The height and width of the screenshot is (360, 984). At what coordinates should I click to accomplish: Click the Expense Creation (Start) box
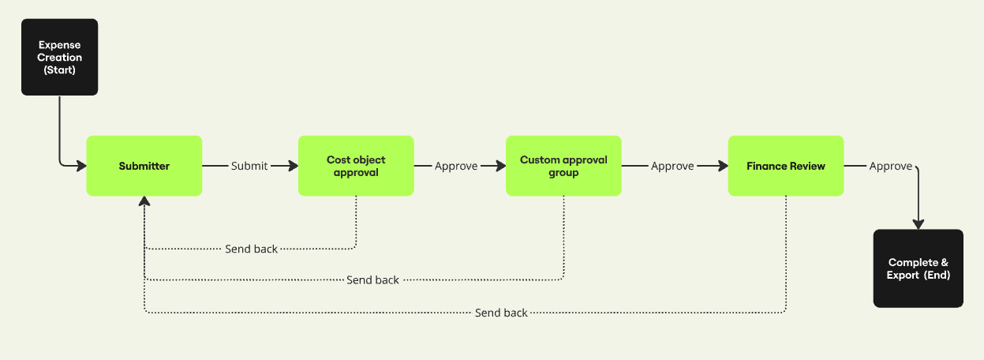[x=60, y=57]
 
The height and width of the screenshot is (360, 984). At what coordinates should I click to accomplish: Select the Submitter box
[x=144, y=166]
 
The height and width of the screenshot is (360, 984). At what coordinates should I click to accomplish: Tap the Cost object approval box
[x=356, y=166]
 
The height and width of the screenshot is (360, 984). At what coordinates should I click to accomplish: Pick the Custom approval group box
[x=563, y=166]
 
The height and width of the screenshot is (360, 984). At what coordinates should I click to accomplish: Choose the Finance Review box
[x=786, y=166]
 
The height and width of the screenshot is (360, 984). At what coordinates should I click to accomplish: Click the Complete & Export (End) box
[x=918, y=268]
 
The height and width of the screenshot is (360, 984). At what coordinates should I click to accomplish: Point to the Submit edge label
[x=249, y=166]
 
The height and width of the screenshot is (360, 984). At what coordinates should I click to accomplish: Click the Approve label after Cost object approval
[x=456, y=166]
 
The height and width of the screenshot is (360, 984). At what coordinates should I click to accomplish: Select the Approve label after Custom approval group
[x=672, y=166]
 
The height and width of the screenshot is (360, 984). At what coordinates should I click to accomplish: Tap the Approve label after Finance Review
[x=890, y=166]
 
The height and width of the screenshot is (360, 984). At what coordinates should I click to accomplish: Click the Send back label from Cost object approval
[x=251, y=249]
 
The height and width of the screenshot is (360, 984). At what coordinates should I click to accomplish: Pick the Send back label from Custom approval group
[x=372, y=280]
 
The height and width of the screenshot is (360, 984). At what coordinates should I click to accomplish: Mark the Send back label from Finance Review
[x=501, y=313]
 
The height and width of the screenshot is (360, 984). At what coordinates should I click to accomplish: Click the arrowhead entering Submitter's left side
[x=82, y=166]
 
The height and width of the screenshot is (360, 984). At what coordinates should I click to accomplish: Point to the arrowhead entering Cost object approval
[x=294, y=166]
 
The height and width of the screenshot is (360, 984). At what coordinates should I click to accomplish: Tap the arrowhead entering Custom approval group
[x=501, y=166]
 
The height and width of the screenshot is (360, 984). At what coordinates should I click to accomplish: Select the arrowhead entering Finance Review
[x=724, y=166]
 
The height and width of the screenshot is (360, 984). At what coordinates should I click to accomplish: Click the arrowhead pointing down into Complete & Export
[x=918, y=224]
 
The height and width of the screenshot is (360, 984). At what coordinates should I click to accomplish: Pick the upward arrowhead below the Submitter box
[x=144, y=201]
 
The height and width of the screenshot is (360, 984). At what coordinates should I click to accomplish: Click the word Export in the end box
[x=903, y=276]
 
